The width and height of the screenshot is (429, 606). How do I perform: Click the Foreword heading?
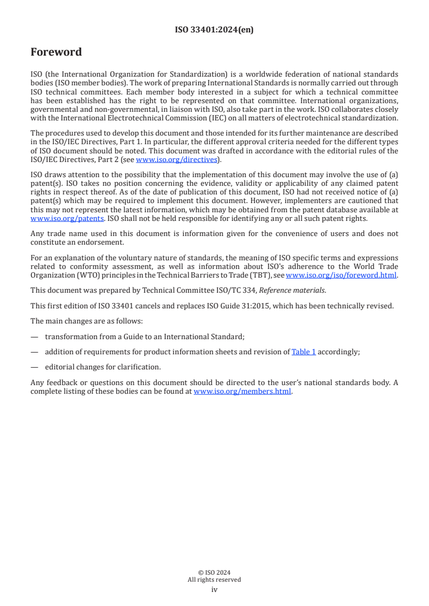(56, 52)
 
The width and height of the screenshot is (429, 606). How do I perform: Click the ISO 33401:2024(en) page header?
(214, 30)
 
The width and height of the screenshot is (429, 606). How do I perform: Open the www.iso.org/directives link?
(176, 159)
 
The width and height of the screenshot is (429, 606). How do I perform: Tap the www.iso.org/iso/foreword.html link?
(341, 275)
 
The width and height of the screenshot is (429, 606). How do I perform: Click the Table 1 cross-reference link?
(303, 352)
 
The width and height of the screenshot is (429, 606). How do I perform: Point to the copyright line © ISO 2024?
(214, 573)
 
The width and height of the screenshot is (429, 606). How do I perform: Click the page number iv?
(214, 590)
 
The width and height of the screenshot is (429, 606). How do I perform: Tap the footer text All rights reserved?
(214, 580)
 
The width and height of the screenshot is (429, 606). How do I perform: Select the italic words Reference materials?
(293, 290)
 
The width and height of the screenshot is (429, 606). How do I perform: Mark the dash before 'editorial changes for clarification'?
(35, 367)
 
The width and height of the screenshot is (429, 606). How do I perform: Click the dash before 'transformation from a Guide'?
(35, 336)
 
